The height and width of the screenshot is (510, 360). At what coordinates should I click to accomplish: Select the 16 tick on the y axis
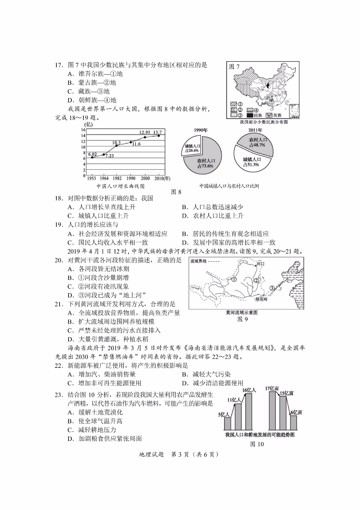(x=83, y=130)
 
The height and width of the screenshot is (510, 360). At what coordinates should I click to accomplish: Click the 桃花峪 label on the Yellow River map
(x=262, y=299)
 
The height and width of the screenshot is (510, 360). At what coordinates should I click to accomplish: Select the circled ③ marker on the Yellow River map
(x=272, y=288)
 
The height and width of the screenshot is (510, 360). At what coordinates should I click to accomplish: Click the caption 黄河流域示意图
(x=241, y=312)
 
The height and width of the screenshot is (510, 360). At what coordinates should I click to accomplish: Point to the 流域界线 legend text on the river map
(x=198, y=261)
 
